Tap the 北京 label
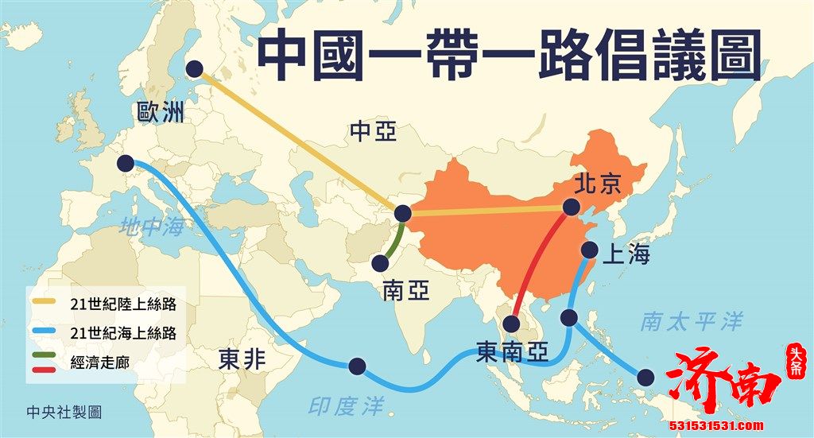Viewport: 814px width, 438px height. (597, 185)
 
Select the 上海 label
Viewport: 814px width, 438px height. (627, 255)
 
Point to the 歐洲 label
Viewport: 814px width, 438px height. (160, 112)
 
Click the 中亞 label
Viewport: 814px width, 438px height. (373, 132)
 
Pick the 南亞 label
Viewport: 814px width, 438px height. (405, 291)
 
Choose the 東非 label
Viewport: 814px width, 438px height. (242, 361)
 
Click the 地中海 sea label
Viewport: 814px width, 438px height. (151, 227)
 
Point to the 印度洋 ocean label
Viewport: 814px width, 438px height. (346, 405)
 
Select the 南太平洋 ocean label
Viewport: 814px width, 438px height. (692, 322)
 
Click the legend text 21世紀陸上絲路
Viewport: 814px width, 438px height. (122, 305)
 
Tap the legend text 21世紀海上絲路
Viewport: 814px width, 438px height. (122, 334)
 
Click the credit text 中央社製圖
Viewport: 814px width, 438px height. (64, 413)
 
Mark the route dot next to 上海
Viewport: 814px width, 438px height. (590, 250)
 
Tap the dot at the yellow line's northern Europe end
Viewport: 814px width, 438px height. (195, 70)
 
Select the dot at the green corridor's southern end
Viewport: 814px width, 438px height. (380, 262)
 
